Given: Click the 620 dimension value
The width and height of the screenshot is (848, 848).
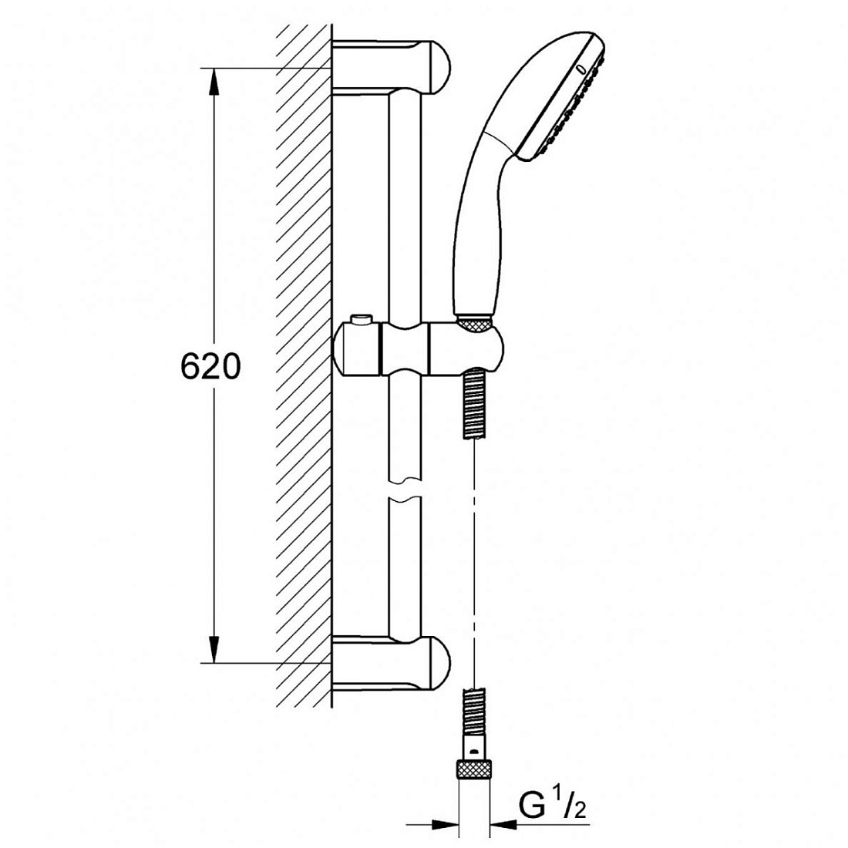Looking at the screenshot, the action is point(210,366).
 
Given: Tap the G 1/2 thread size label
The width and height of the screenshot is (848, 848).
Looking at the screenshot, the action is point(552,806).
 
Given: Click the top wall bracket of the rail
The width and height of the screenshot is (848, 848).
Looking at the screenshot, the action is point(391,66).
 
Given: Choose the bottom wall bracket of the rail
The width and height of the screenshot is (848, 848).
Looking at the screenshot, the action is point(391,664).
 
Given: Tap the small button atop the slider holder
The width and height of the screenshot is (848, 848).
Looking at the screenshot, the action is point(361,319).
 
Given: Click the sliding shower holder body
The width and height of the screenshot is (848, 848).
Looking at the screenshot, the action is point(419,348).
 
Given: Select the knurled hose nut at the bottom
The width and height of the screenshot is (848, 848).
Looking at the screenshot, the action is point(474,769).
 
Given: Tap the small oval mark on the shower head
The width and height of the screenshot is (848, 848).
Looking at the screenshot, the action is point(580,69).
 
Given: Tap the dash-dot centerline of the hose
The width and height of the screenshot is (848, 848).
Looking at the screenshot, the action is point(474,564).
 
